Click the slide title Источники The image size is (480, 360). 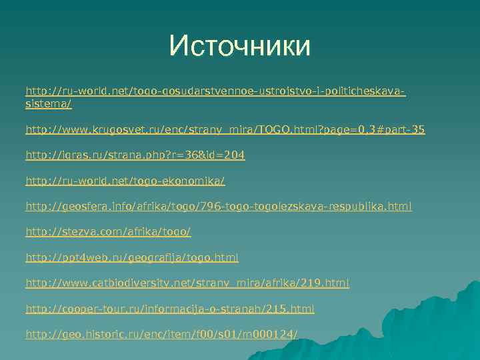[x=239, y=47]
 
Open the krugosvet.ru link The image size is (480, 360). [x=225, y=129]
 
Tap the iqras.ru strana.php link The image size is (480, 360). [x=135, y=155]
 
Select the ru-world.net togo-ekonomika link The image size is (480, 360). [x=125, y=181]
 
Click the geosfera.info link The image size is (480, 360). [x=219, y=207]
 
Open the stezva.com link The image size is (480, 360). [x=108, y=233]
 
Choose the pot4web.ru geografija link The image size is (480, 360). [x=132, y=258]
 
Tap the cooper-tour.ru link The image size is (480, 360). [x=170, y=309]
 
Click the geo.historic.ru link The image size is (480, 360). [x=161, y=335]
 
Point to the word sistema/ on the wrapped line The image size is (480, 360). [x=48, y=105]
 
